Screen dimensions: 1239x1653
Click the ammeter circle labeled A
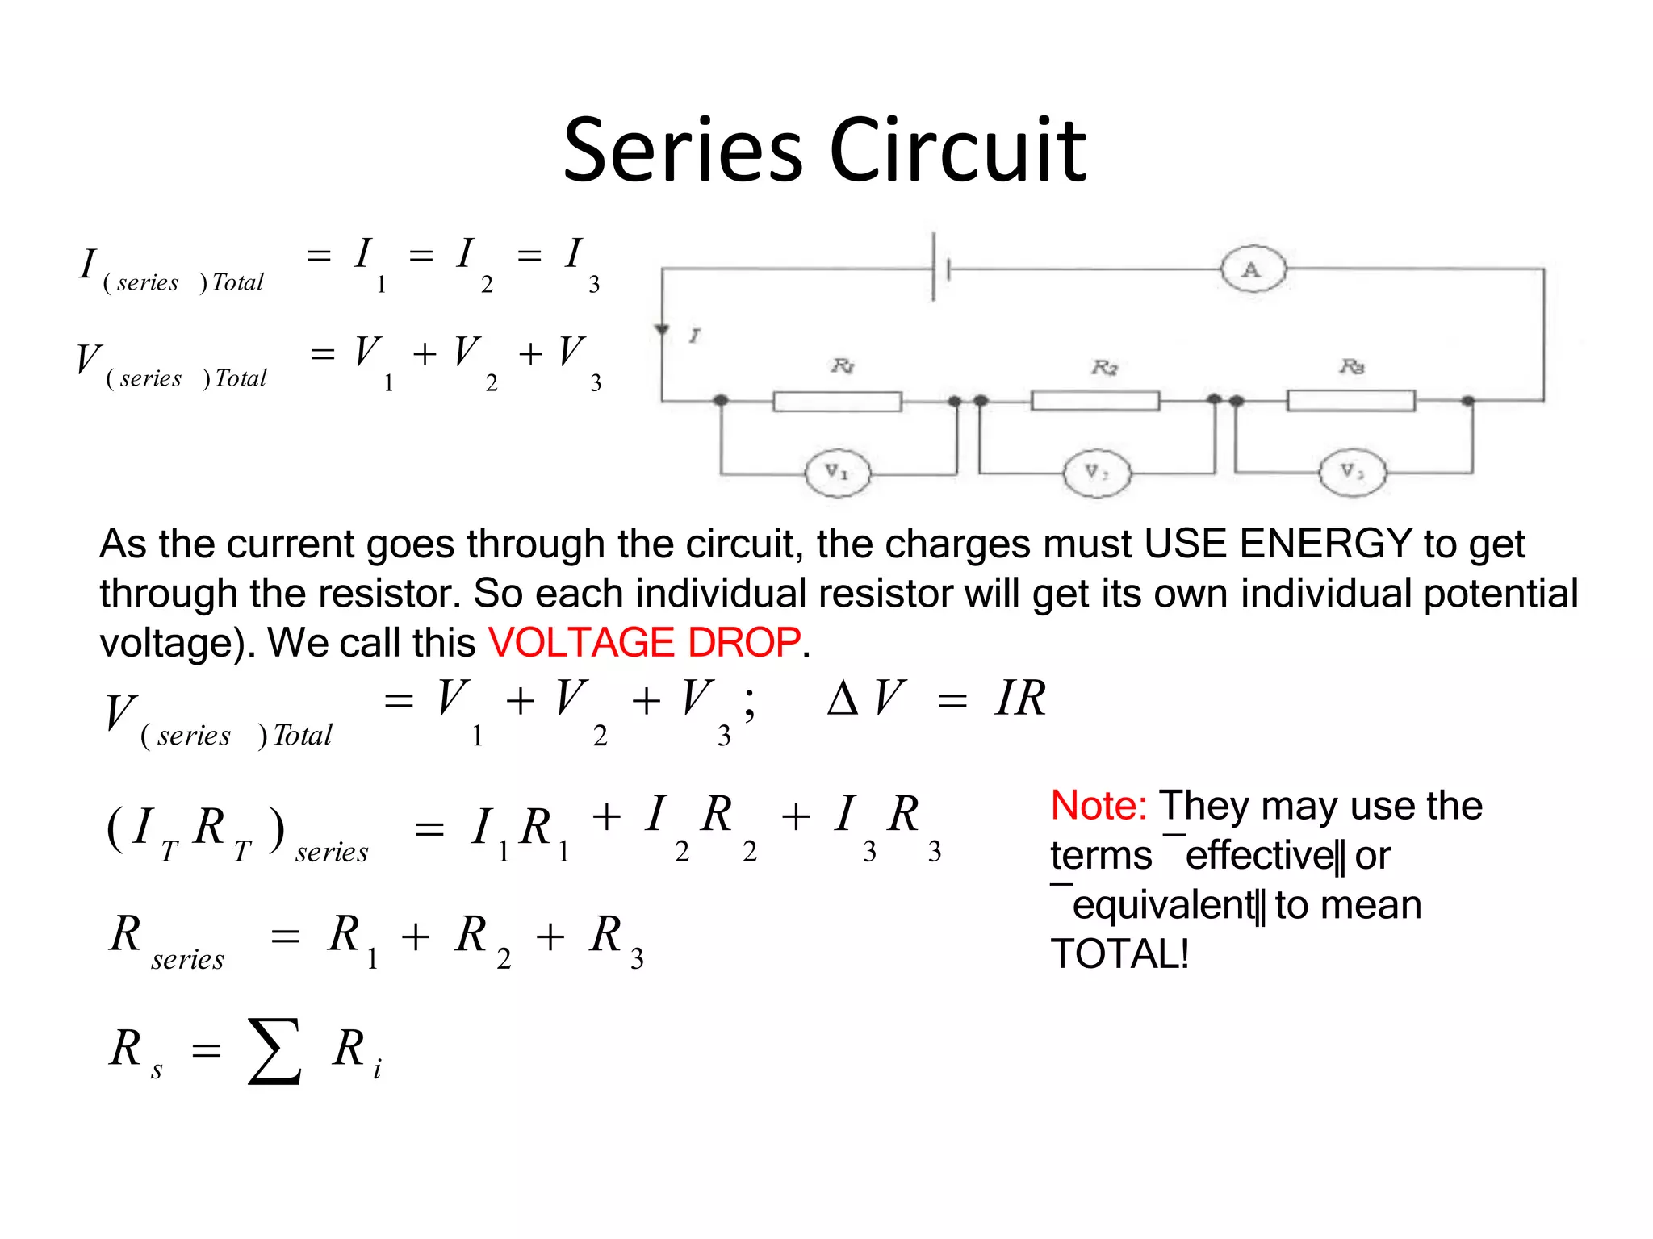1252,269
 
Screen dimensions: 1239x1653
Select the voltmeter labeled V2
1096,473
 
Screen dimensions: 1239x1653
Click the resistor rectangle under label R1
837,401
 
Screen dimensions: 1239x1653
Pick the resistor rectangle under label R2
1095,400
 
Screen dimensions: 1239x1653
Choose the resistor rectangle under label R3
1350,400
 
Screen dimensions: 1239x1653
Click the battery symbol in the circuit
940,268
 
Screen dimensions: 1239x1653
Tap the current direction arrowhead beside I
662,329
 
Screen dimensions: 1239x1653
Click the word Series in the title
683,151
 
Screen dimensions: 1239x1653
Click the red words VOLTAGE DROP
644,643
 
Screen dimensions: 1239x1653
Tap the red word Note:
1099,805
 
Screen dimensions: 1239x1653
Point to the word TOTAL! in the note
1119,954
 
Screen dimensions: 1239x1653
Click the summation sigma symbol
274,1051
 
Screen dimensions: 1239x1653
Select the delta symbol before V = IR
843,699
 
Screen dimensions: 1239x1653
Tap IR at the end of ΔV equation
1020,699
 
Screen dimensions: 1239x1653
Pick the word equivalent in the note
1163,905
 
